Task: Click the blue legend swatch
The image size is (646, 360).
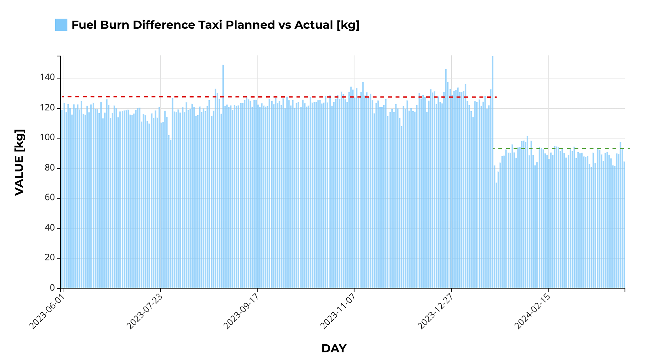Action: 61,25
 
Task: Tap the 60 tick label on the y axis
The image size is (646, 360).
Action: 50,198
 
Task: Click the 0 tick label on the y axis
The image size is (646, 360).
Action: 52,288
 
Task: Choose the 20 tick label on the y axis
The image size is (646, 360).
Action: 50,258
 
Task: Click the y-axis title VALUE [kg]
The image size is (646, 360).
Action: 20,162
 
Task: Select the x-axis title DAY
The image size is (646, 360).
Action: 334,349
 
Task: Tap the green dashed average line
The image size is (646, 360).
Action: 568,148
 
